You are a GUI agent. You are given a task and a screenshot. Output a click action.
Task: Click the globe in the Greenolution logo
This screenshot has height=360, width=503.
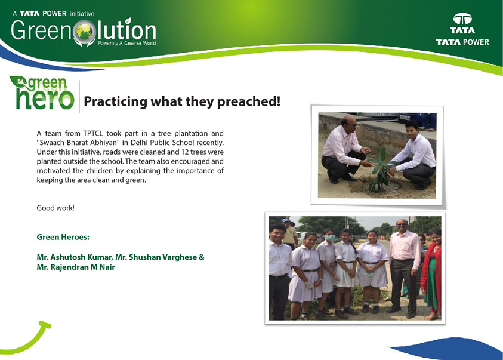coord(84,31)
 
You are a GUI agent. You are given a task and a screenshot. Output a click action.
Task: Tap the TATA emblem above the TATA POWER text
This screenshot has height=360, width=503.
coord(462,19)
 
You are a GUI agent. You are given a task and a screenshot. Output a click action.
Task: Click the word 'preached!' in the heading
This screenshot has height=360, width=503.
coord(249,101)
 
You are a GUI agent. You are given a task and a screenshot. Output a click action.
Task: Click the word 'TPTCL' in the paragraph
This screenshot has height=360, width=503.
coord(92,133)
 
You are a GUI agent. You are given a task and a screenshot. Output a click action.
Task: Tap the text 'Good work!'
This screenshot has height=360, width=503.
coord(55,208)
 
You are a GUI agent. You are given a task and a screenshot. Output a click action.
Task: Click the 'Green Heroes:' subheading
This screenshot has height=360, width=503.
coord(63,237)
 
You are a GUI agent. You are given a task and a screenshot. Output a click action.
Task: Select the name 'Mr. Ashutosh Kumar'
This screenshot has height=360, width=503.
coord(75,257)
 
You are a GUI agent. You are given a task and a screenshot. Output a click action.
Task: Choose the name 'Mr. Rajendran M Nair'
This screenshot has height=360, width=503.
coord(76,267)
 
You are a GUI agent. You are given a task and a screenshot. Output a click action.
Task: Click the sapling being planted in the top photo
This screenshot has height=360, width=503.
coord(381,170)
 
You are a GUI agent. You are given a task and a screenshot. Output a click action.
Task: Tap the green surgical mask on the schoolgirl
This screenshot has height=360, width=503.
coord(330,238)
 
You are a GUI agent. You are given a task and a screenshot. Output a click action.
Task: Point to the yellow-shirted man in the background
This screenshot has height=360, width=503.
coord(289,233)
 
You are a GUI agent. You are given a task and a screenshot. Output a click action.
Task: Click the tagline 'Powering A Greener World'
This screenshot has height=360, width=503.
coord(126,43)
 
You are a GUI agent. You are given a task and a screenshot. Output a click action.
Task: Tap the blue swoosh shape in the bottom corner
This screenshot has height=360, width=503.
coord(445,349)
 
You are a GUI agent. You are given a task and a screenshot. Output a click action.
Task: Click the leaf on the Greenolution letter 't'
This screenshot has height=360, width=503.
coord(128,21)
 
